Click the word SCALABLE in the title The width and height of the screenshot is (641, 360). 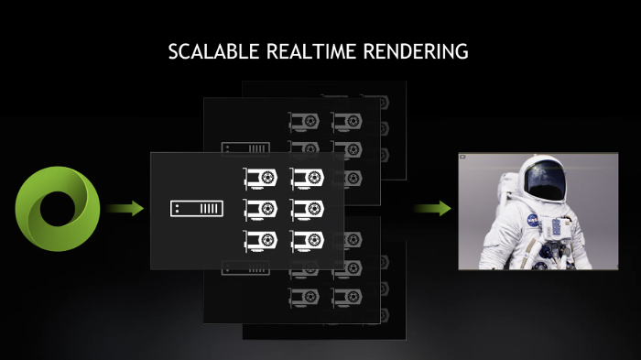(214, 51)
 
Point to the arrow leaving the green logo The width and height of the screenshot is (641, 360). (125, 210)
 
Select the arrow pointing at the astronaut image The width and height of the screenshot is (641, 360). (431, 210)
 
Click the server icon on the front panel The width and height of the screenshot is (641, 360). (196, 210)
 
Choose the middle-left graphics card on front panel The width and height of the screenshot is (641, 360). (260, 209)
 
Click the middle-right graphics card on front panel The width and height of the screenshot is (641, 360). (307, 209)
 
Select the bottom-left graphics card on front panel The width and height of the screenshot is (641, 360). (260, 240)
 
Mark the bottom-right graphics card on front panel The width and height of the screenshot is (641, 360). (307, 240)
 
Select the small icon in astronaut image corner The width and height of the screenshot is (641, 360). (464, 157)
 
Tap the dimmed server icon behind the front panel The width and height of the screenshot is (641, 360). (245, 147)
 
